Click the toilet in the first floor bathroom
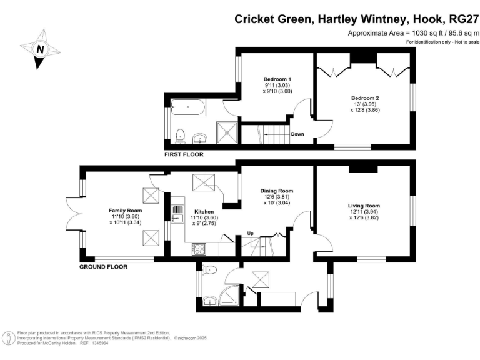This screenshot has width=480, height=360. tap(180, 134)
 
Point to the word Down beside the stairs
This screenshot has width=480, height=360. tap(298, 134)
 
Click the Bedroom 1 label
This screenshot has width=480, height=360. tap(277, 80)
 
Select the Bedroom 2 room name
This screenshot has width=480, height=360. tap(365, 98)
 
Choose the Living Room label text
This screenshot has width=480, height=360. tap(364, 206)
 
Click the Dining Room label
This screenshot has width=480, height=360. tap(277, 191)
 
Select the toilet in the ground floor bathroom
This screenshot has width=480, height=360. tap(209, 271)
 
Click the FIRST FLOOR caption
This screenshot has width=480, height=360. tap(184, 154)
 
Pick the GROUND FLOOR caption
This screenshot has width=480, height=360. tap(103, 267)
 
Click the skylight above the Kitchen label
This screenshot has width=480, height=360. tap(204, 182)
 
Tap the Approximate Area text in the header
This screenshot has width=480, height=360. tap(412, 33)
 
